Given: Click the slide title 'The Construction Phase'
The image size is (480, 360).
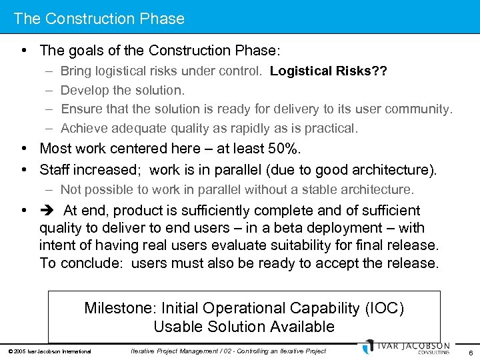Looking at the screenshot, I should (99, 19).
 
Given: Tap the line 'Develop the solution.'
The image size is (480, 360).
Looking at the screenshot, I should (123, 90).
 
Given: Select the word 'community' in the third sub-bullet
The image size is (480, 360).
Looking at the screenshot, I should (418, 109).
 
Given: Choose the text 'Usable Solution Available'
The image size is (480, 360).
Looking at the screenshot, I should (244, 327).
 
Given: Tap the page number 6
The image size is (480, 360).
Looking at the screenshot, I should (470, 351).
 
